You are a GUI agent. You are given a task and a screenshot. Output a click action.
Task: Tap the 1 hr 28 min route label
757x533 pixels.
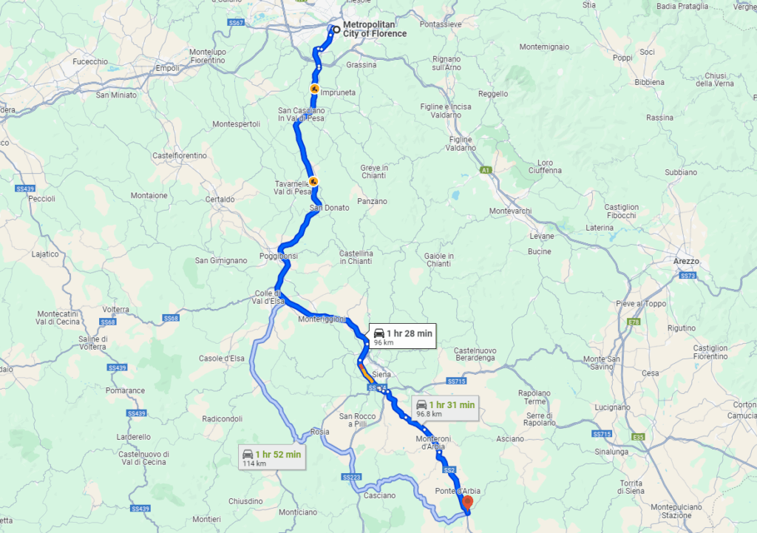[402, 335]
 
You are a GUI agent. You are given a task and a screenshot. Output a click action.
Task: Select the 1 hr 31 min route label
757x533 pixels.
[444, 407]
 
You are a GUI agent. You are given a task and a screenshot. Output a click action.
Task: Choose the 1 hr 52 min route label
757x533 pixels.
[271, 457]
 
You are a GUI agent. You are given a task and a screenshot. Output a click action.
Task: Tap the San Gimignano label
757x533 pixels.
[221, 260]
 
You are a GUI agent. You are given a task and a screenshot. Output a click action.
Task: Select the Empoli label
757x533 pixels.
[167, 69]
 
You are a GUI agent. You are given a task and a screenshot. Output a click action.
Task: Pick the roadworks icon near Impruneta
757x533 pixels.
[314, 89]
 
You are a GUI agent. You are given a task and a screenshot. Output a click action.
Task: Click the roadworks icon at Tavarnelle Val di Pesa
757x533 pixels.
[313, 180]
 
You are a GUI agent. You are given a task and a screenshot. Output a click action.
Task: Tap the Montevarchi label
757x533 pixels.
[510, 211]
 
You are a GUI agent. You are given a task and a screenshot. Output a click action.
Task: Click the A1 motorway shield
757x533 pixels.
[486, 171]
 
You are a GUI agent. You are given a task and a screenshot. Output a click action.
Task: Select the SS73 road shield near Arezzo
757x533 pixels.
[688, 276]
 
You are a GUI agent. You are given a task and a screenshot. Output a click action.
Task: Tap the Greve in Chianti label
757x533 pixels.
[374, 172]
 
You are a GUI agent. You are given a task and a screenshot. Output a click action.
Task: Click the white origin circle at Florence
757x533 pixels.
[336, 30]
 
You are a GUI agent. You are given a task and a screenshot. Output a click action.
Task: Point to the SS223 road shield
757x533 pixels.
[353, 478]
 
